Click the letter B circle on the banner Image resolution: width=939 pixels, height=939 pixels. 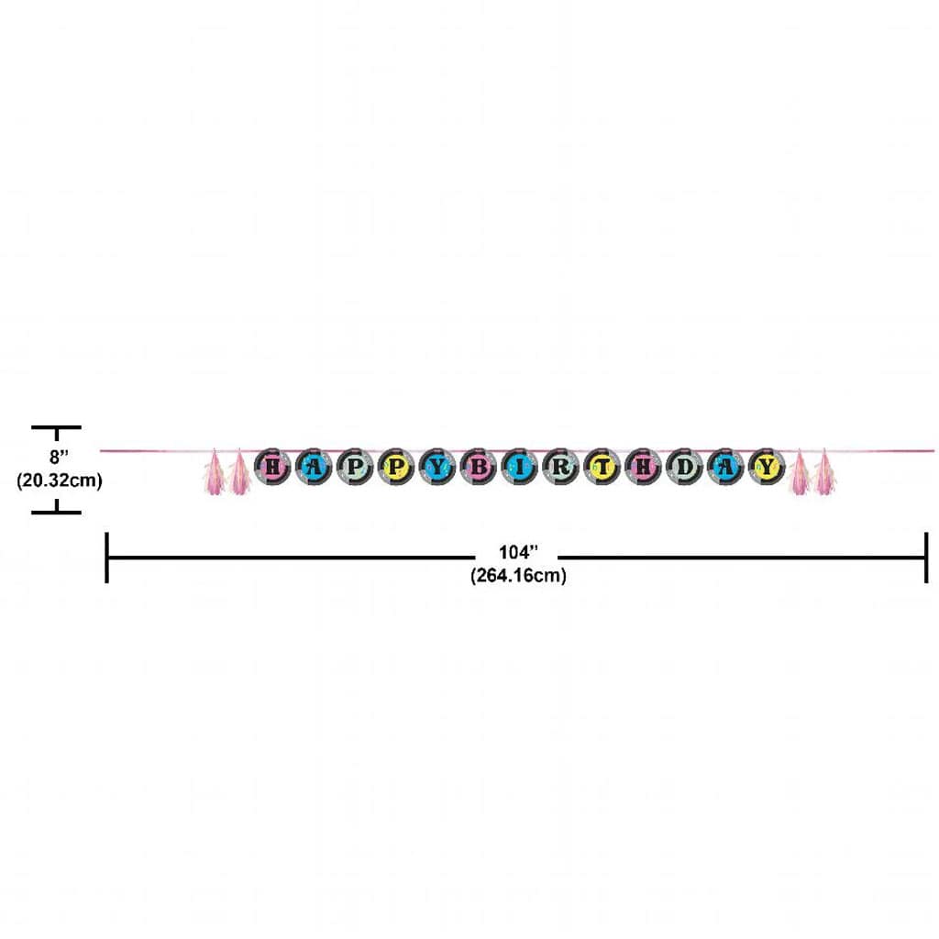[x=478, y=466]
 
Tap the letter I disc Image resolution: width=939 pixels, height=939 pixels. [x=519, y=466]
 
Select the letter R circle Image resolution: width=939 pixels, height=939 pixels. [x=560, y=466]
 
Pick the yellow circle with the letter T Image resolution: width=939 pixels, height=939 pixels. [x=602, y=466]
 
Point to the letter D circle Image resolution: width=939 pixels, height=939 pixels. [x=684, y=466]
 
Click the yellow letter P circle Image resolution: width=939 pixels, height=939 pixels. [x=395, y=466]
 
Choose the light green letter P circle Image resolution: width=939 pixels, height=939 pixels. [x=354, y=466]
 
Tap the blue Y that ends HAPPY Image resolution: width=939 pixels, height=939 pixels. [x=436, y=466]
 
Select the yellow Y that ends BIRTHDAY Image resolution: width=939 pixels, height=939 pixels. [x=768, y=466]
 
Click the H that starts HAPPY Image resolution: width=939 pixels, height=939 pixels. [x=271, y=466]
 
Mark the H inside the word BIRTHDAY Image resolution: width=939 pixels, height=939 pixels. [x=643, y=466]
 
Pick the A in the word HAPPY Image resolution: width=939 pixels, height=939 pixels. [x=313, y=466]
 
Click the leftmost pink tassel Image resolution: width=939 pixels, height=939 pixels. [x=214, y=472]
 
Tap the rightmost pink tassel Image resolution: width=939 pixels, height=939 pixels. [x=824, y=472]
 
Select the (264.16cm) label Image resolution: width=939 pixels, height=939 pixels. [x=518, y=576]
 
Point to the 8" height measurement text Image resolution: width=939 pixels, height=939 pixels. [x=59, y=457]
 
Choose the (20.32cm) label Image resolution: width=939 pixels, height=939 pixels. [x=60, y=481]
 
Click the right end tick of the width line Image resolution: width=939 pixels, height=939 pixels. [x=926, y=558]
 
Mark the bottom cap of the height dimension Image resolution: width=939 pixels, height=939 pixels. [x=56, y=513]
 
